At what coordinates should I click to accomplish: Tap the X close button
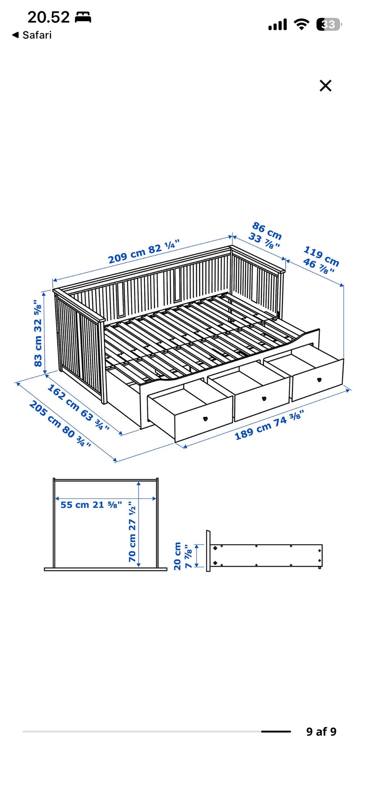pos(325,86)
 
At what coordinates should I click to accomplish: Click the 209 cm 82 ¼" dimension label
pos(144,252)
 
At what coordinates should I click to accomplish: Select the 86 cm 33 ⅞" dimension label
pos(266,235)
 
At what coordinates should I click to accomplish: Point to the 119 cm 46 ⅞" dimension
pos(321,260)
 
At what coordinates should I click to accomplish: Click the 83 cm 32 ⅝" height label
pos(38,333)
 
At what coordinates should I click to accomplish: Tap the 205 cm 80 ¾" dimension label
pos(60,424)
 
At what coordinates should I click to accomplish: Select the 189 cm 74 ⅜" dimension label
pos(269,425)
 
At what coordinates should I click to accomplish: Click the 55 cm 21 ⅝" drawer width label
pos(91,505)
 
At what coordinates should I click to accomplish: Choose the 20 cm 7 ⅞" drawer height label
pos(183,556)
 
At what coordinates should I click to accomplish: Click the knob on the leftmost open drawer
pos(205,419)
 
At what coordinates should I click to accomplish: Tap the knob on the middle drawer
pos(264,399)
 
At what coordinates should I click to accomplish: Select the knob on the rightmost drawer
pos(319,379)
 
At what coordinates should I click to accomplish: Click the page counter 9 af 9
pos(321,732)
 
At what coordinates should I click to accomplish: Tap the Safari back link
pos(32,35)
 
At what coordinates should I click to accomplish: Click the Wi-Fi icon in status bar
pos(302,24)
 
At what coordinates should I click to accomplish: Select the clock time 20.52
pos(49,17)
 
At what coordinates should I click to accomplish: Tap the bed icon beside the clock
pos(83,17)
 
